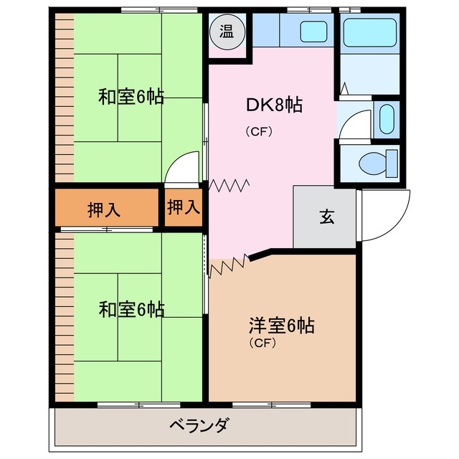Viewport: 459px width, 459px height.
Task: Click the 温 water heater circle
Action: click(x=226, y=32)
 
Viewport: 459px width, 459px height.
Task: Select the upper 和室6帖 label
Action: click(x=131, y=96)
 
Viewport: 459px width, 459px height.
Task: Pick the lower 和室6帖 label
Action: click(x=131, y=310)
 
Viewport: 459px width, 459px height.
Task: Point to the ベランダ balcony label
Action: click(x=199, y=425)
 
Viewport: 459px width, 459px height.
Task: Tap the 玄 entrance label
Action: click(x=326, y=218)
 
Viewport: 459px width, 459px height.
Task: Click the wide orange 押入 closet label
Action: click(x=105, y=210)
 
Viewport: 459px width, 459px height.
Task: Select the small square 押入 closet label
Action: click(x=183, y=208)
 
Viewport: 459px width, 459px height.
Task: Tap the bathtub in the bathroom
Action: click(x=369, y=32)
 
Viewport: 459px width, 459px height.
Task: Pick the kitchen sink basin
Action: click(x=313, y=32)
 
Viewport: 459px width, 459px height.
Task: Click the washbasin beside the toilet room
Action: click(x=386, y=118)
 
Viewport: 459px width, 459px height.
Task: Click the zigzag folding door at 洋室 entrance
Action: click(x=229, y=266)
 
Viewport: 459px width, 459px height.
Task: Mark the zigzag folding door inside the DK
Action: click(x=229, y=186)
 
